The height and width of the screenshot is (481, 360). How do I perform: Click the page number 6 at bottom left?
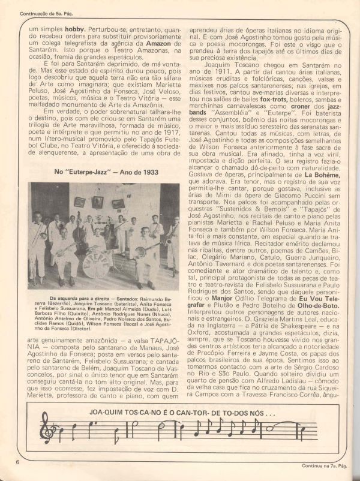pyautogui.click(x=19, y=462)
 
